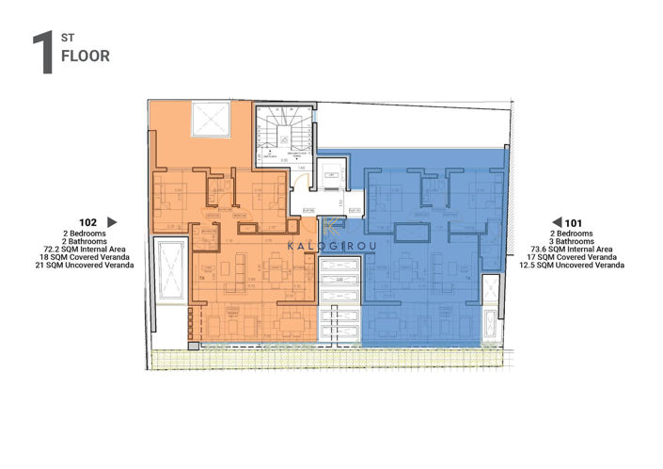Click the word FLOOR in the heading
pyautogui.click(x=86, y=56)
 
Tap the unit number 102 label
pyautogui.click(x=90, y=222)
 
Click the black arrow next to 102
pyautogui.click(x=112, y=222)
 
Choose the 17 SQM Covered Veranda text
pyautogui.click(x=576, y=256)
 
